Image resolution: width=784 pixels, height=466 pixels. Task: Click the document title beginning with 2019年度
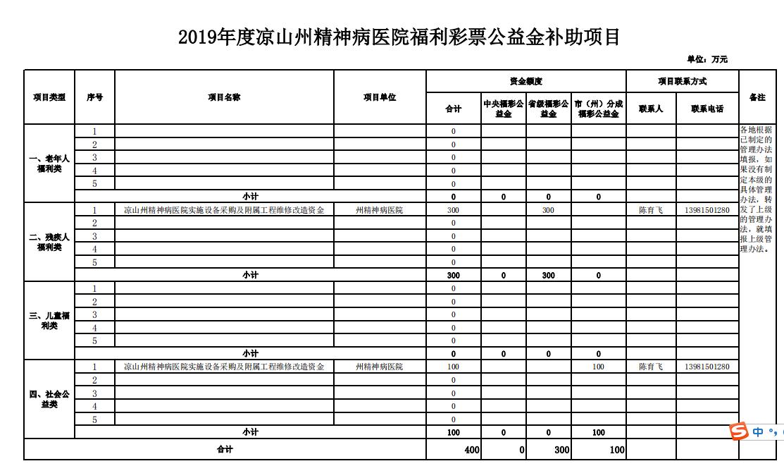[x=399, y=37]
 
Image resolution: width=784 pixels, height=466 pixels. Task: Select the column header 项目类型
[x=49, y=97]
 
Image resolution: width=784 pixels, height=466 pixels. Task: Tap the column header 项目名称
[x=224, y=97]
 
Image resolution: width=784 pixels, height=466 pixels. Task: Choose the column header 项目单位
[x=380, y=97]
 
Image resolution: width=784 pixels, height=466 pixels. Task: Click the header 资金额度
[x=525, y=82]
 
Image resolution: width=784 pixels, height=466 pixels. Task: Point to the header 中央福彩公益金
[x=503, y=109]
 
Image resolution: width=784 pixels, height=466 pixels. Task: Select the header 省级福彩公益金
[x=548, y=109]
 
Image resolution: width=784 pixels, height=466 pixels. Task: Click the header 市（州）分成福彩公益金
[x=598, y=109]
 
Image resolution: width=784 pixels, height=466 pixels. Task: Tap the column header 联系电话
[x=707, y=109]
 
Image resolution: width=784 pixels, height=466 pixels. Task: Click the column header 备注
[x=757, y=97]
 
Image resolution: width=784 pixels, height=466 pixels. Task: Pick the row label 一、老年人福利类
[x=49, y=164]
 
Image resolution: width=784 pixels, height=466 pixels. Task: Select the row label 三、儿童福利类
[x=49, y=321]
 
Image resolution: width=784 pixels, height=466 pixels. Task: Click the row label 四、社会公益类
[x=49, y=399]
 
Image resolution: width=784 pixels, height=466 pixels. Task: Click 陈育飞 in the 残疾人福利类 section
[x=651, y=210]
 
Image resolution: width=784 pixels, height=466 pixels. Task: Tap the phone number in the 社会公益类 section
[x=707, y=367]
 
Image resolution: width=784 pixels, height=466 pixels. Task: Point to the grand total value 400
[x=472, y=450]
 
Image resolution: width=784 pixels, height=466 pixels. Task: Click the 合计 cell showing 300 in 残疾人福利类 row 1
[x=453, y=210]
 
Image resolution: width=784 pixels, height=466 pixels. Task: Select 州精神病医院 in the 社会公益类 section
[x=380, y=367]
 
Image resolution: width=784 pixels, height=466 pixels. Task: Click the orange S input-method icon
[x=738, y=432]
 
